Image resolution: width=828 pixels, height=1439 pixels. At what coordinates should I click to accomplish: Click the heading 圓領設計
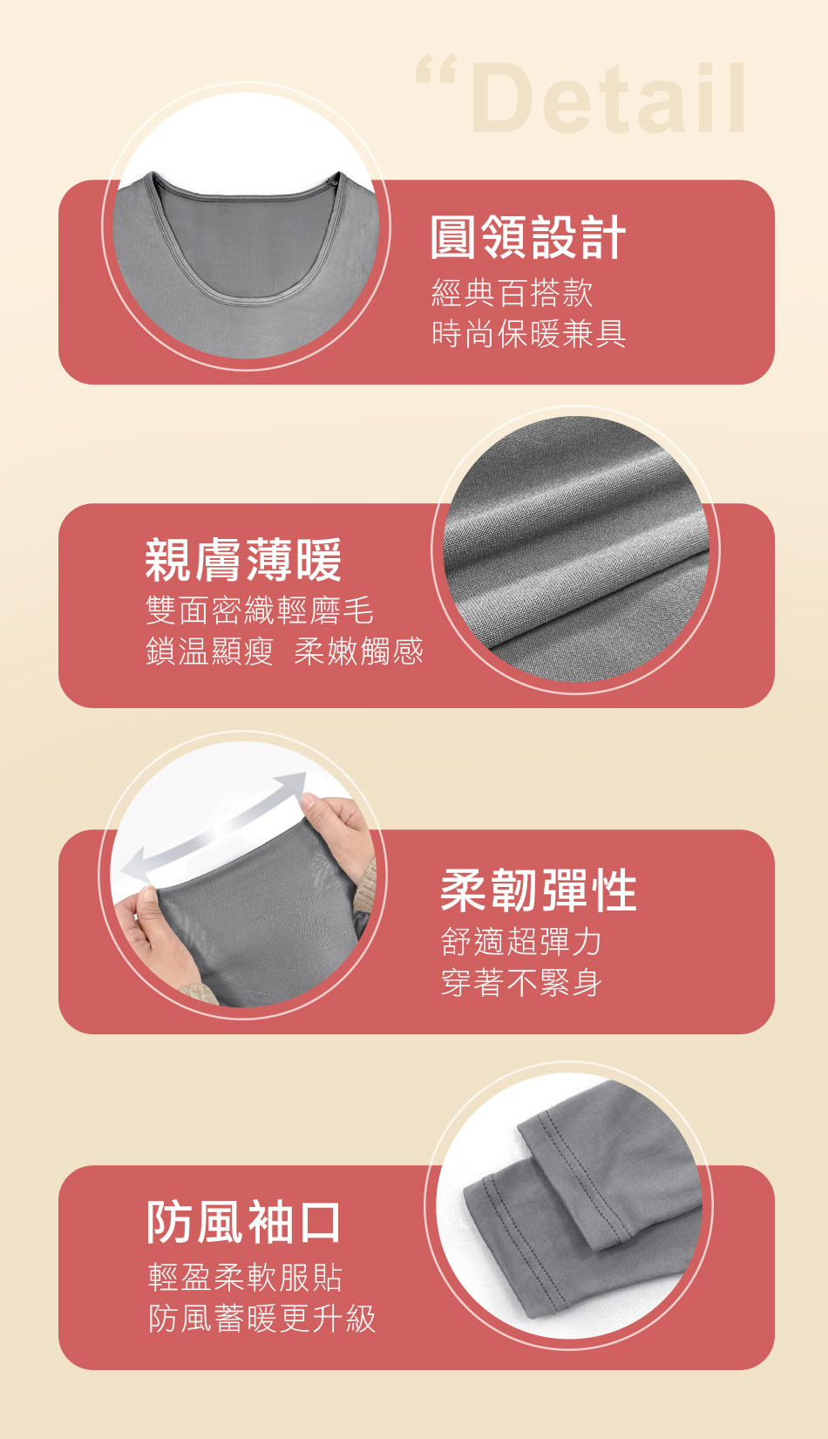coord(528,237)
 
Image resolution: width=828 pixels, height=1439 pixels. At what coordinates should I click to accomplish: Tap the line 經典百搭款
coord(512,293)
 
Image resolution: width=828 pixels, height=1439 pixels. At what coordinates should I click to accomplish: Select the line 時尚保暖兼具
coord(528,334)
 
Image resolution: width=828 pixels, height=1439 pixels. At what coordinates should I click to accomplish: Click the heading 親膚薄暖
coord(243,560)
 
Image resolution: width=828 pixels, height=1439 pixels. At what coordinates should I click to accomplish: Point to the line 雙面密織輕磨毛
coord(260,610)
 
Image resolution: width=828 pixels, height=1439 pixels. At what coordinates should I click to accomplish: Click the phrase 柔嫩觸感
coord(358,651)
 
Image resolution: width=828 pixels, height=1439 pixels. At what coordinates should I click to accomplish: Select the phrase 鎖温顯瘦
coord(210,651)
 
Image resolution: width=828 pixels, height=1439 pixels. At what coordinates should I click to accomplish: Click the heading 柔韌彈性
coord(539,890)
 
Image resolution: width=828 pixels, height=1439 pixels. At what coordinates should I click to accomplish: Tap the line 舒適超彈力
coord(521,942)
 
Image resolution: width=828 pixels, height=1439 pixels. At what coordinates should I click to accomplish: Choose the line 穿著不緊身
coord(521,983)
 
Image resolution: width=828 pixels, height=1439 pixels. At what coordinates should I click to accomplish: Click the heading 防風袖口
coord(243,1222)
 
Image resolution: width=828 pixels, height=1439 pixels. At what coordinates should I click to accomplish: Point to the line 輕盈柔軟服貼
coord(245,1277)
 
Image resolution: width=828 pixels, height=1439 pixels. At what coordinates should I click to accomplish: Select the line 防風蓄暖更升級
coord(261,1318)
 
